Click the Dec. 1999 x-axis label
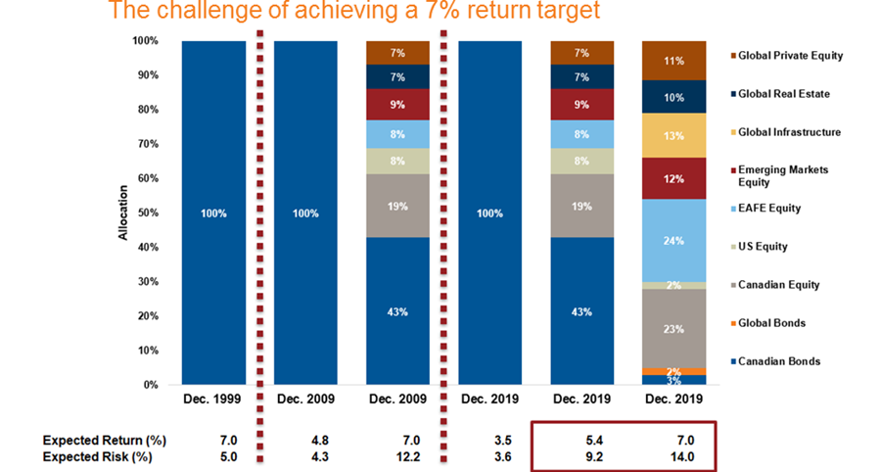213,399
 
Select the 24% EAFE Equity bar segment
674,240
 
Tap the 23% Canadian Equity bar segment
674,329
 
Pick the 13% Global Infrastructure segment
674,135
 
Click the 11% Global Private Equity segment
674,60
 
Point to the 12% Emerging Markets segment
674,178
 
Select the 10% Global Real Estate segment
674,97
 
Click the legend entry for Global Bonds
778,323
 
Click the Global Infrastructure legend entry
790,132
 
